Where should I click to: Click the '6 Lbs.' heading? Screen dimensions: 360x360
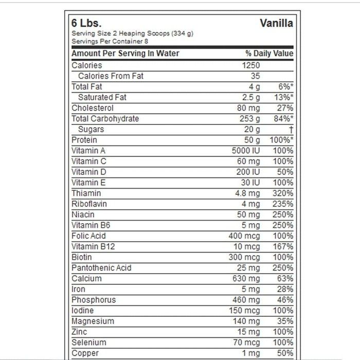pos(86,24)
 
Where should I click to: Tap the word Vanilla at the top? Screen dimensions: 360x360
pos(276,24)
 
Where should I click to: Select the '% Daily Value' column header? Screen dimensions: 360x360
pos(269,53)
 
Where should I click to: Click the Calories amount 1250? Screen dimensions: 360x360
pos(251,65)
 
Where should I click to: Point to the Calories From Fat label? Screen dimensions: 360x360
pos(111,76)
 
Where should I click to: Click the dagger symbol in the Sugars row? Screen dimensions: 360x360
pos(291,130)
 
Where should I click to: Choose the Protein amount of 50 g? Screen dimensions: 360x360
pos(252,140)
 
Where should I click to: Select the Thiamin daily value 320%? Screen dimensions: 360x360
pos(283,193)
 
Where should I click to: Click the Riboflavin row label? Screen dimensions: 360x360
pos(89,204)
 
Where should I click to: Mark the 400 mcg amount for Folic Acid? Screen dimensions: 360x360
pos(244,236)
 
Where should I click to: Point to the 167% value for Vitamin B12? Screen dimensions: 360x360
pos(283,246)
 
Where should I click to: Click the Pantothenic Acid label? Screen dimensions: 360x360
pos(101,268)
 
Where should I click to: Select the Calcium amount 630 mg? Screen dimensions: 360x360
pos(246,278)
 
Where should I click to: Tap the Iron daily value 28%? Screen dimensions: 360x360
pos(285,289)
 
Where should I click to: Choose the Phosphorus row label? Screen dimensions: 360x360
pos(94,300)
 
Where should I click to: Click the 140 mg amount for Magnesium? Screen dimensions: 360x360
pos(246,321)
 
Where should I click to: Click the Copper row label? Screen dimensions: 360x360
pos(85,353)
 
